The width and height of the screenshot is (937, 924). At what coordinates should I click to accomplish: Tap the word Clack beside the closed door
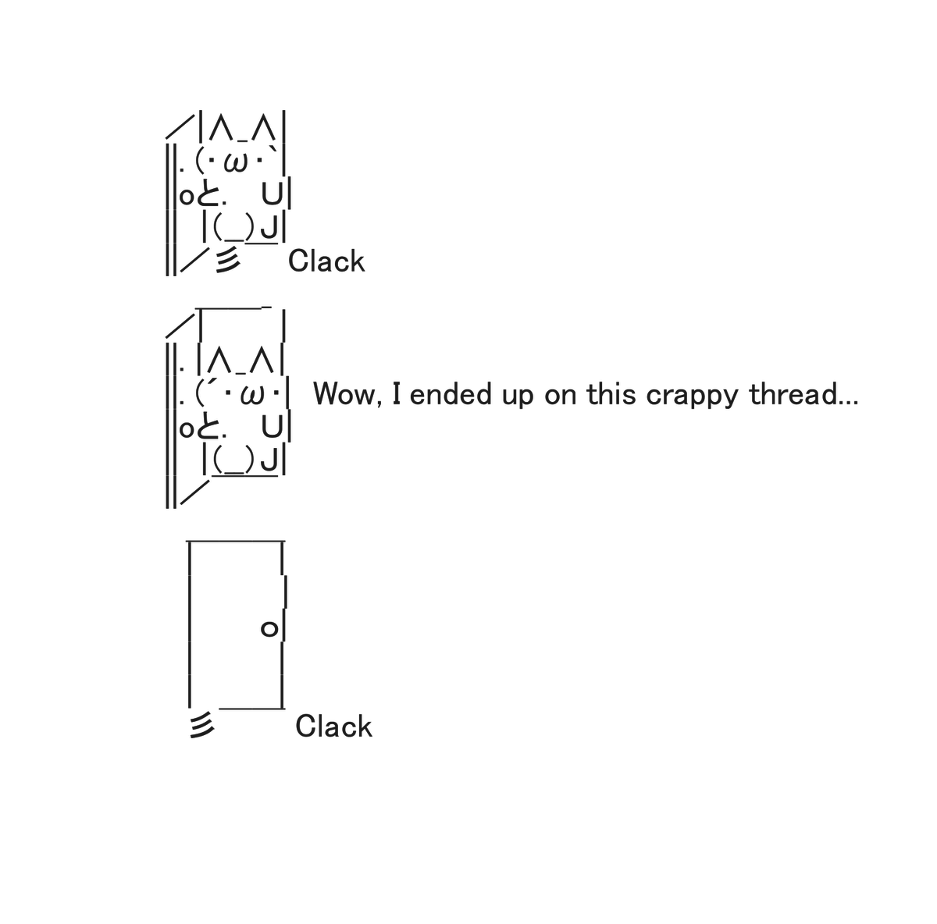pyautogui.click(x=333, y=727)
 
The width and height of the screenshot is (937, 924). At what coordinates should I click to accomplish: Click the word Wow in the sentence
pyautogui.click(x=344, y=394)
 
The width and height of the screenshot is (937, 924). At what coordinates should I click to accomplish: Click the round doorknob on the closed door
pyautogui.click(x=269, y=629)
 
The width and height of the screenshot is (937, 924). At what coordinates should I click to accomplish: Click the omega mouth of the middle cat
pyautogui.click(x=252, y=396)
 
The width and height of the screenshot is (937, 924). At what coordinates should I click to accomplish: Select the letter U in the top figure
pyautogui.click(x=272, y=194)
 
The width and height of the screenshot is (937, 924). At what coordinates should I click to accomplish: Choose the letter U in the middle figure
pyautogui.click(x=272, y=427)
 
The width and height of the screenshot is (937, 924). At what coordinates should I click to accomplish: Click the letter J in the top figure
pyautogui.click(x=269, y=227)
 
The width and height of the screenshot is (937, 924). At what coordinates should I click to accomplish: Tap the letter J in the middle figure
pyautogui.click(x=269, y=460)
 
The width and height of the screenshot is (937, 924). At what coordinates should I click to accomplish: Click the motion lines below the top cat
pyautogui.click(x=227, y=260)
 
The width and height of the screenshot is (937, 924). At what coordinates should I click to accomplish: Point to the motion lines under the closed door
pyautogui.click(x=201, y=725)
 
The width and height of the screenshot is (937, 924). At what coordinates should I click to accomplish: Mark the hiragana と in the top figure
pyautogui.click(x=208, y=195)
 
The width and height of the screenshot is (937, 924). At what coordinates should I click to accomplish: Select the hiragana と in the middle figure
pyautogui.click(x=208, y=428)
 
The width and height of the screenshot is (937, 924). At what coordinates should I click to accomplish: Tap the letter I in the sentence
pyautogui.click(x=397, y=394)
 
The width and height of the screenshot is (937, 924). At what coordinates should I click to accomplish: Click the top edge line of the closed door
pyautogui.click(x=235, y=541)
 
